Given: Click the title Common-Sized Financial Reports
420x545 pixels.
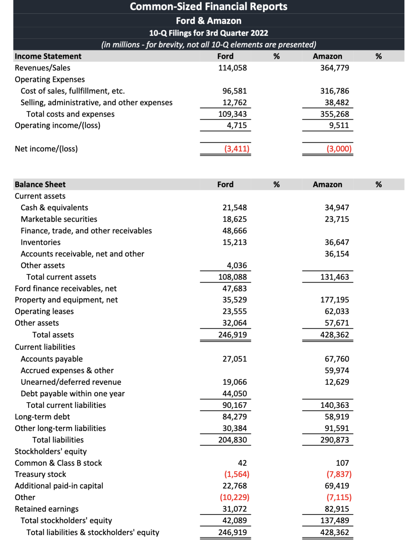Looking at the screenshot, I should [208, 7].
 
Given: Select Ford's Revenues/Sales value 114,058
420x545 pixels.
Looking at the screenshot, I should [232, 68].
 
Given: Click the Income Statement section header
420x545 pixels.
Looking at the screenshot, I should [48, 56].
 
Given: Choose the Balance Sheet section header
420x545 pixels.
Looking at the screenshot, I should [40, 185].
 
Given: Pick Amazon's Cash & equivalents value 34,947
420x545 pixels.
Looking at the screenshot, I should [337, 208].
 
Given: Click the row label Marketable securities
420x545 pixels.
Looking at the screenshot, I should [59, 219].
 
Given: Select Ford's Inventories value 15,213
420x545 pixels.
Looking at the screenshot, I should [234, 242].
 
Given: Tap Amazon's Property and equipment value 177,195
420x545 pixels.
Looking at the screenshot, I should [334, 300].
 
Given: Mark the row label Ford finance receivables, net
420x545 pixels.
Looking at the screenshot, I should [65, 289].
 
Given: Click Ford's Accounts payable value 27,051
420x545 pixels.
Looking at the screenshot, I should [234, 359].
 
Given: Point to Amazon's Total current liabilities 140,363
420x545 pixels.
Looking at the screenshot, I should [334, 405].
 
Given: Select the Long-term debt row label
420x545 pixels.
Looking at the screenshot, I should [42, 417].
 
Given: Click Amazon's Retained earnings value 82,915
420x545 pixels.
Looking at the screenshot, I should [337, 509].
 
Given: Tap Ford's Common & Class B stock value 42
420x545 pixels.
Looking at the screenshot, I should [242, 463].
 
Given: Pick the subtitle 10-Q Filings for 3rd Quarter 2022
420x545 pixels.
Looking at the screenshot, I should [208, 33].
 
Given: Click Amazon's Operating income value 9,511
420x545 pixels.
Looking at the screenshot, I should [339, 126].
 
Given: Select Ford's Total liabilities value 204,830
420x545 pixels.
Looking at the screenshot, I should [232, 440].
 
